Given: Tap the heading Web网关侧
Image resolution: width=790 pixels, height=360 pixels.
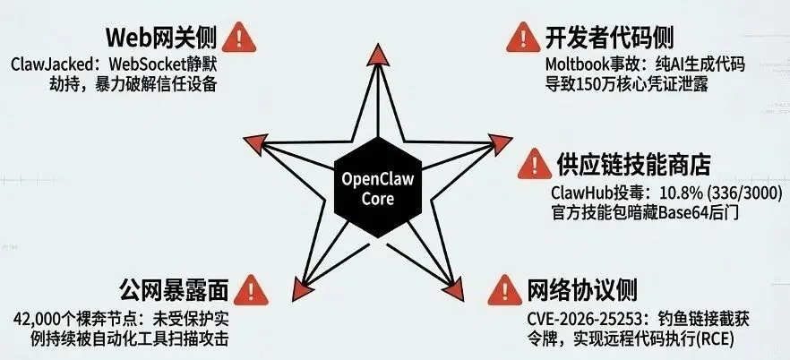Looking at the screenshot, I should [160, 39].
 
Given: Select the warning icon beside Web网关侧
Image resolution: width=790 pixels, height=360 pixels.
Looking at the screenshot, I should [237, 37].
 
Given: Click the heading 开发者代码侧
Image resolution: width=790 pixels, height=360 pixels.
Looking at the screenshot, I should [609, 39].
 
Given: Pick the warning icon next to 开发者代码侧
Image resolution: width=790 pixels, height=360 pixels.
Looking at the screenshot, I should [519, 37].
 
